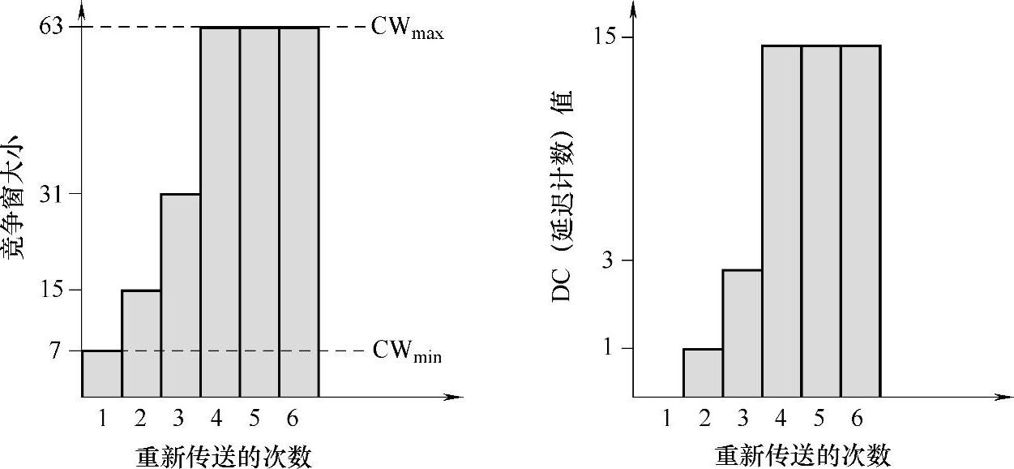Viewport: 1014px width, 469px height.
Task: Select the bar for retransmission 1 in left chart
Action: pyautogui.click(x=102, y=374)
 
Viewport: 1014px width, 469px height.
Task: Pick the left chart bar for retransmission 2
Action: pyautogui.click(x=141, y=343)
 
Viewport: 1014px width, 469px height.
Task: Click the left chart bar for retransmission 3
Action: pyautogui.click(x=181, y=295)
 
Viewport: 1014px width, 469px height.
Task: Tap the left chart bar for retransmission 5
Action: pyautogui.click(x=259, y=212)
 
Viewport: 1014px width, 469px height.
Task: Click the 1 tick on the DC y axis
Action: pyautogui.click(x=614, y=349)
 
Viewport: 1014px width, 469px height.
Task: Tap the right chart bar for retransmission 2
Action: pyautogui.click(x=703, y=373)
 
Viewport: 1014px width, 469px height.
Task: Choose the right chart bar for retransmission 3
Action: pyautogui.click(x=742, y=333)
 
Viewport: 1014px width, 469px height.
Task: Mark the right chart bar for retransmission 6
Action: pyautogui.click(x=860, y=221)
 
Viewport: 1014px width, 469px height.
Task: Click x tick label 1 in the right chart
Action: pyautogui.click(x=666, y=419)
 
